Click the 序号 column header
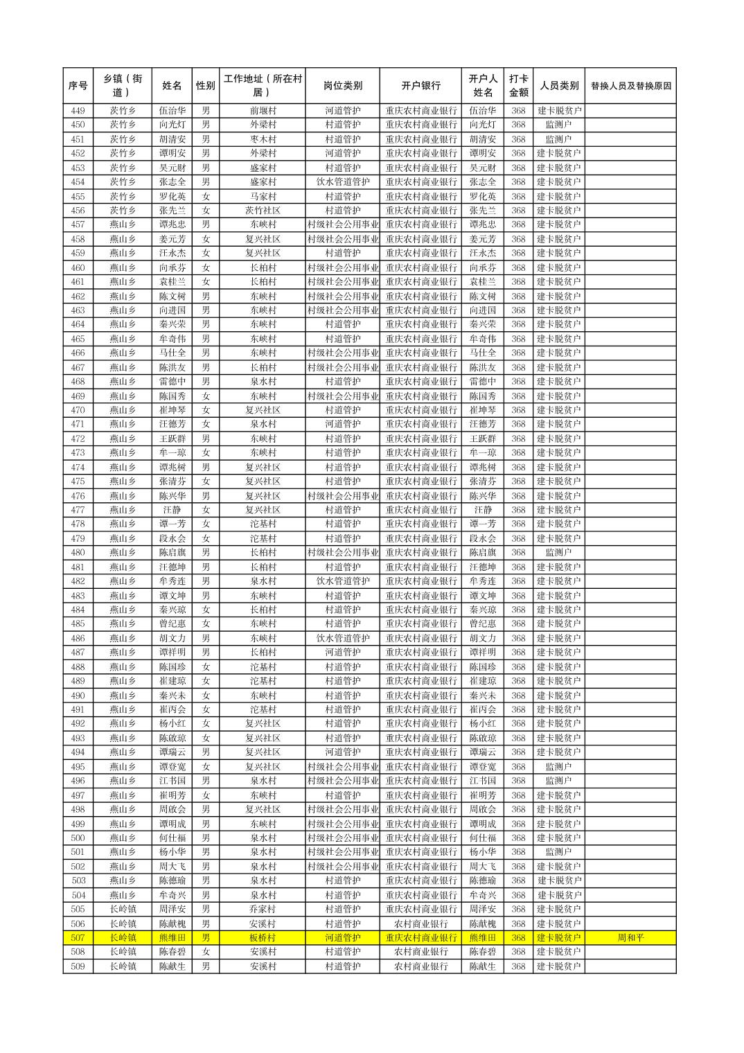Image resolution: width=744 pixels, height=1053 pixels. point(78,86)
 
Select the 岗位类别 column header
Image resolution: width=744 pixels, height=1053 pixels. point(342,86)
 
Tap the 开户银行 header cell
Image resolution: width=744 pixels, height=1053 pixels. point(420,86)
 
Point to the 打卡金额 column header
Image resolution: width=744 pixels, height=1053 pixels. point(518,86)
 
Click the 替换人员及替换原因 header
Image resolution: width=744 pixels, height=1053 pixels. point(630,86)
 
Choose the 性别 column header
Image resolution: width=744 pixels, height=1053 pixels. point(206,86)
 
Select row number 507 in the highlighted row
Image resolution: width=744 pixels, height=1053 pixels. point(78,938)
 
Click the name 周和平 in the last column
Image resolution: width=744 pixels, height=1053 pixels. point(630,938)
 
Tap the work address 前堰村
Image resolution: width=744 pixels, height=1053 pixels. point(263,111)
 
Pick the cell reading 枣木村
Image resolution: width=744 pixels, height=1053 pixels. point(263,139)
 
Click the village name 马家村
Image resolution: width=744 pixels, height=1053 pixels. point(263,196)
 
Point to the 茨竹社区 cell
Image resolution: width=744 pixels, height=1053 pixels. point(263,211)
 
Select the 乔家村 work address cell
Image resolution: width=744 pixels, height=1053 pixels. point(263,909)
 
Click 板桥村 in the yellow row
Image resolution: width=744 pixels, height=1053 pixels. point(263,938)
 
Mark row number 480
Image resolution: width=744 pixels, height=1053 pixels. point(78,553)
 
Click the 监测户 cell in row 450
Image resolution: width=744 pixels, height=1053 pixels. point(558,125)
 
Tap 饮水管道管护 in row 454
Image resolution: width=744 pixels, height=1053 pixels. point(342,182)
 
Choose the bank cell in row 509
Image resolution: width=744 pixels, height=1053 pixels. point(420,966)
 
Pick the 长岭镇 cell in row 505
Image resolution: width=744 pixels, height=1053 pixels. point(123,909)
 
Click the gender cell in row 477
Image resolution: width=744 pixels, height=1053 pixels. point(206,510)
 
